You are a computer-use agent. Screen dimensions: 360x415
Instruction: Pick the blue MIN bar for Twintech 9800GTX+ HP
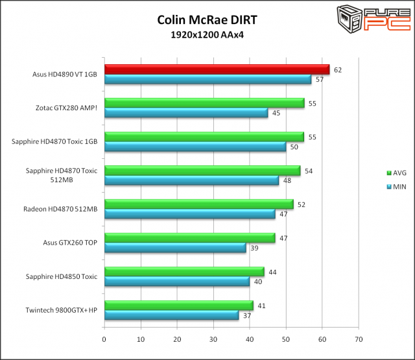tap(171, 315)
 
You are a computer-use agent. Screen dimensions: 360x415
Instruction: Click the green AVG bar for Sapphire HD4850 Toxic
tap(184, 272)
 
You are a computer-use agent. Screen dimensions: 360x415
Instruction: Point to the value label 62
tap(338, 69)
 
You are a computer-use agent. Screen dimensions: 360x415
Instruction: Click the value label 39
tap(254, 248)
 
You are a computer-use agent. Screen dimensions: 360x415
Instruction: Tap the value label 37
tap(247, 315)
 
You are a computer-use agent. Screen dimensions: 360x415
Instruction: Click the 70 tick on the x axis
tap(358, 339)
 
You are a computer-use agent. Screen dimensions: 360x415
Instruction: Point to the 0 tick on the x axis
tap(104, 339)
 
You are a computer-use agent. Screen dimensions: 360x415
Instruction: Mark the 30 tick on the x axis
tap(213, 339)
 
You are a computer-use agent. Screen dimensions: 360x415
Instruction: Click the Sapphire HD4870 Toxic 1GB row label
tap(54, 141)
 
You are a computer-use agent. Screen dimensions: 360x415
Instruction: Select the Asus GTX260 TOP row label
tap(70, 243)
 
